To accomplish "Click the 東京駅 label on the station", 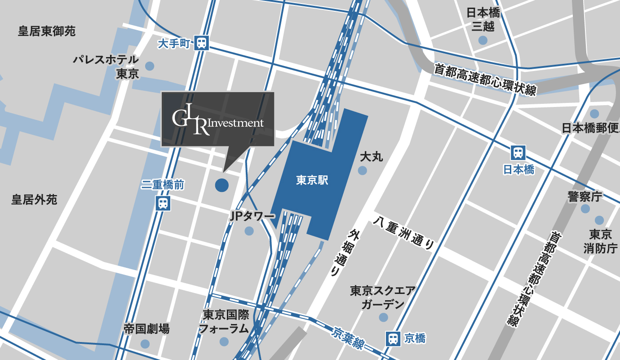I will pos(312,181).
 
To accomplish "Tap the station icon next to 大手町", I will pos(202,43).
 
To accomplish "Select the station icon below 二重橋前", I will pos(163,203).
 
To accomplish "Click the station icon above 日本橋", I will pos(518,153).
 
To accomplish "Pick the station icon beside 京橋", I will pos(393,338).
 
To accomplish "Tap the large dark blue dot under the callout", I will pos(221,185).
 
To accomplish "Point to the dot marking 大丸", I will pos(362,170).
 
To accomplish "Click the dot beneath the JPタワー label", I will pos(249,231).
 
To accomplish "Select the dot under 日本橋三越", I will pos(483,40).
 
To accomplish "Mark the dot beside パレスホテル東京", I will pos(150,66).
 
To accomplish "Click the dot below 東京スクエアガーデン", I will pos(383,317).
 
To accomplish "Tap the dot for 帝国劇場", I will pos(145,344).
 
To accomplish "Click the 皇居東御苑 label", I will pos(47,31).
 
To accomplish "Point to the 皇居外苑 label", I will pos(34,200).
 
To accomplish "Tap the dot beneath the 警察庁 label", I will pos(585,209).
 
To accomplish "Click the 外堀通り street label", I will pos(344,253).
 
